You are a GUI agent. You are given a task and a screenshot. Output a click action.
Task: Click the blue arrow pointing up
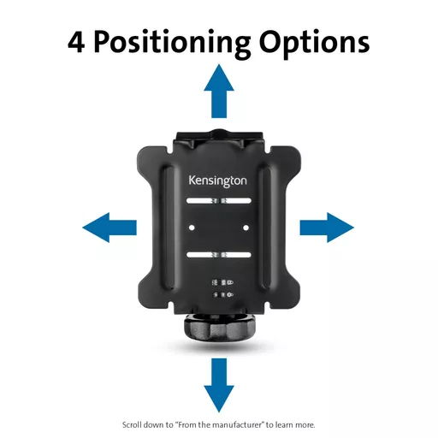point(219,92)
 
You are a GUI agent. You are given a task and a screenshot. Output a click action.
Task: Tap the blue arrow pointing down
point(219,385)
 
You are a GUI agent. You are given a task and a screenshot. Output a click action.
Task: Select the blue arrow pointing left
point(109,228)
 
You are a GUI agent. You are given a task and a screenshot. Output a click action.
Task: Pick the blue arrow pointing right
point(327,228)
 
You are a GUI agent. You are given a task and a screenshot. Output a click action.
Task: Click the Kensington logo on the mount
point(218,181)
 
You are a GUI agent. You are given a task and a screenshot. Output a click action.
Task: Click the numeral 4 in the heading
point(76,42)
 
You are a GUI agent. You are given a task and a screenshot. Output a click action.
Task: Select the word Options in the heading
point(315,44)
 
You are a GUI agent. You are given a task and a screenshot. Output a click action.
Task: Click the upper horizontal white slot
point(219,201)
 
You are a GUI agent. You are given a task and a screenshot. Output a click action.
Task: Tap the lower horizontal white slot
point(219,255)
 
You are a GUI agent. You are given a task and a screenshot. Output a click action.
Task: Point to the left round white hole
point(192,228)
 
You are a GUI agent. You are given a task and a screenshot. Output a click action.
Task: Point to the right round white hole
point(246,228)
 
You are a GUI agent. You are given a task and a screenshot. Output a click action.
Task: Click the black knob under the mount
point(219,328)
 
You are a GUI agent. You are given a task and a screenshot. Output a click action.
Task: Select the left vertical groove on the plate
point(169,228)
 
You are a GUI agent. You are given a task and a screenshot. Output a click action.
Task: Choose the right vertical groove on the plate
point(268,228)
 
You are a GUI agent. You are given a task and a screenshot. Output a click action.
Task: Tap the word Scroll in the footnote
point(132,425)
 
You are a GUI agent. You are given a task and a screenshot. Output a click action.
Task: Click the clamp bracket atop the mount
point(219,139)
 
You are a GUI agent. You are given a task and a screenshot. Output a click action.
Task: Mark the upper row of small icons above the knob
point(222,283)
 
